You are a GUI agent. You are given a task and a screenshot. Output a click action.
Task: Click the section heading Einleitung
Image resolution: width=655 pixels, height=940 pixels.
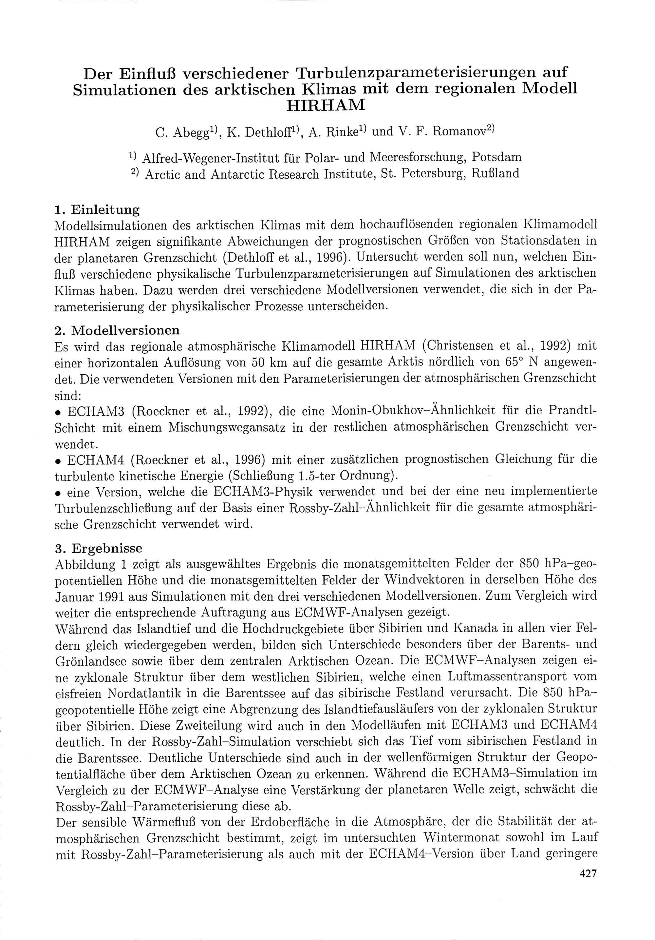click(x=105, y=210)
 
